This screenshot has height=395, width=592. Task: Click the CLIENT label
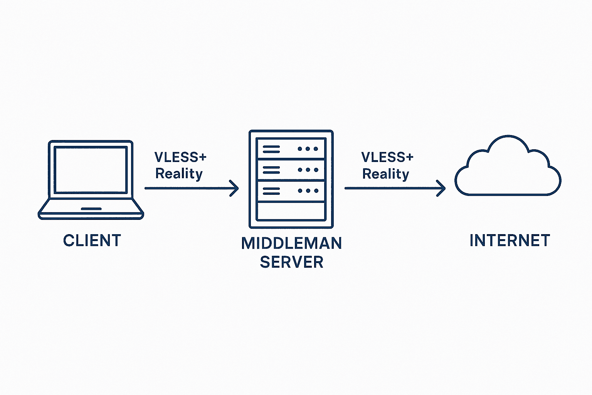(x=92, y=240)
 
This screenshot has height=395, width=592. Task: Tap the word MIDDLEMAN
(x=291, y=243)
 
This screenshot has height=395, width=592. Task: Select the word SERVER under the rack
(x=291, y=262)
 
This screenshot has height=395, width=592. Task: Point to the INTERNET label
(x=510, y=240)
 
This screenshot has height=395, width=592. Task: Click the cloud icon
(x=508, y=170)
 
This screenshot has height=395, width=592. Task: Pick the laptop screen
(x=91, y=169)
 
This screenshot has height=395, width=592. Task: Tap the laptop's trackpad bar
(x=91, y=209)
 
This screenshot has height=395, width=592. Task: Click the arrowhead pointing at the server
(x=234, y=188)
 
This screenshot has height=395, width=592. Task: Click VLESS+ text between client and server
(x=180, y=157)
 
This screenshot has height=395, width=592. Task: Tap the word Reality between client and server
(x=179, y=174)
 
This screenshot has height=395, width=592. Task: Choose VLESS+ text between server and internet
(x=387, y=157)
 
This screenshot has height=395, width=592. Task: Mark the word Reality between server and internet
(x=386, y=174)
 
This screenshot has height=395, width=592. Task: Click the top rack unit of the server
(x=291, y=149)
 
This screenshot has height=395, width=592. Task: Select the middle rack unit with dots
(x=291, y=170)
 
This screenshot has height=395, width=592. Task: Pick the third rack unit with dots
(x=291, y=191)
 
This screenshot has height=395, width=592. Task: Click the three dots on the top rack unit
(x=308, y=149)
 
